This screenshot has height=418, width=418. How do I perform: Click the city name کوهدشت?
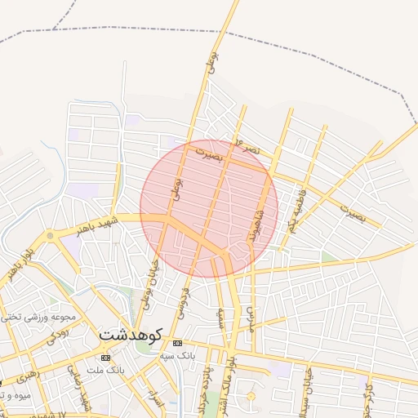131,335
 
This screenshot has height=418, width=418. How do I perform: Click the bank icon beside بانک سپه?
178,343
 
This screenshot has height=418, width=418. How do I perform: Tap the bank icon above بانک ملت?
104,358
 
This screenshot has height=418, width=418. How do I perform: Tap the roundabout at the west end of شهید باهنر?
51,236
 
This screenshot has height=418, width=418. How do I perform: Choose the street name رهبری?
22,377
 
